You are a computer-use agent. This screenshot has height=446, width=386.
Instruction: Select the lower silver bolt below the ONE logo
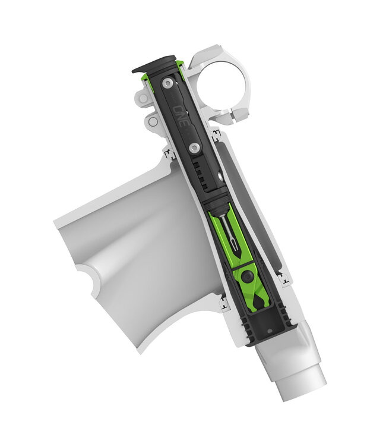click(x=194, y=146)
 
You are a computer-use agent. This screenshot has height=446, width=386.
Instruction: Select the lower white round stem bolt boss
click(x=153, y=122)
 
